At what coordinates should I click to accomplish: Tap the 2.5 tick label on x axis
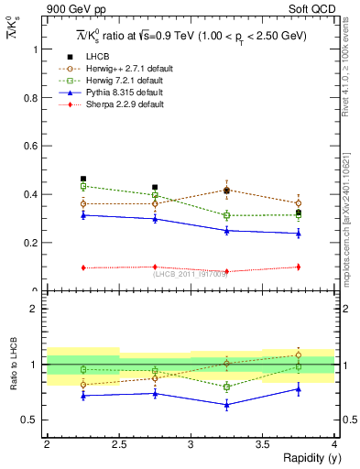[x=118, y=444]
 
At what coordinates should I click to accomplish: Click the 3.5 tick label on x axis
[x=262, y=444]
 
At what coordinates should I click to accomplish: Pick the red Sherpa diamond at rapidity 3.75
[x=299, y=267]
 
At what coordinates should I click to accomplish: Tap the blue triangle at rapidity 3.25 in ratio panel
[x=227, y=404]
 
